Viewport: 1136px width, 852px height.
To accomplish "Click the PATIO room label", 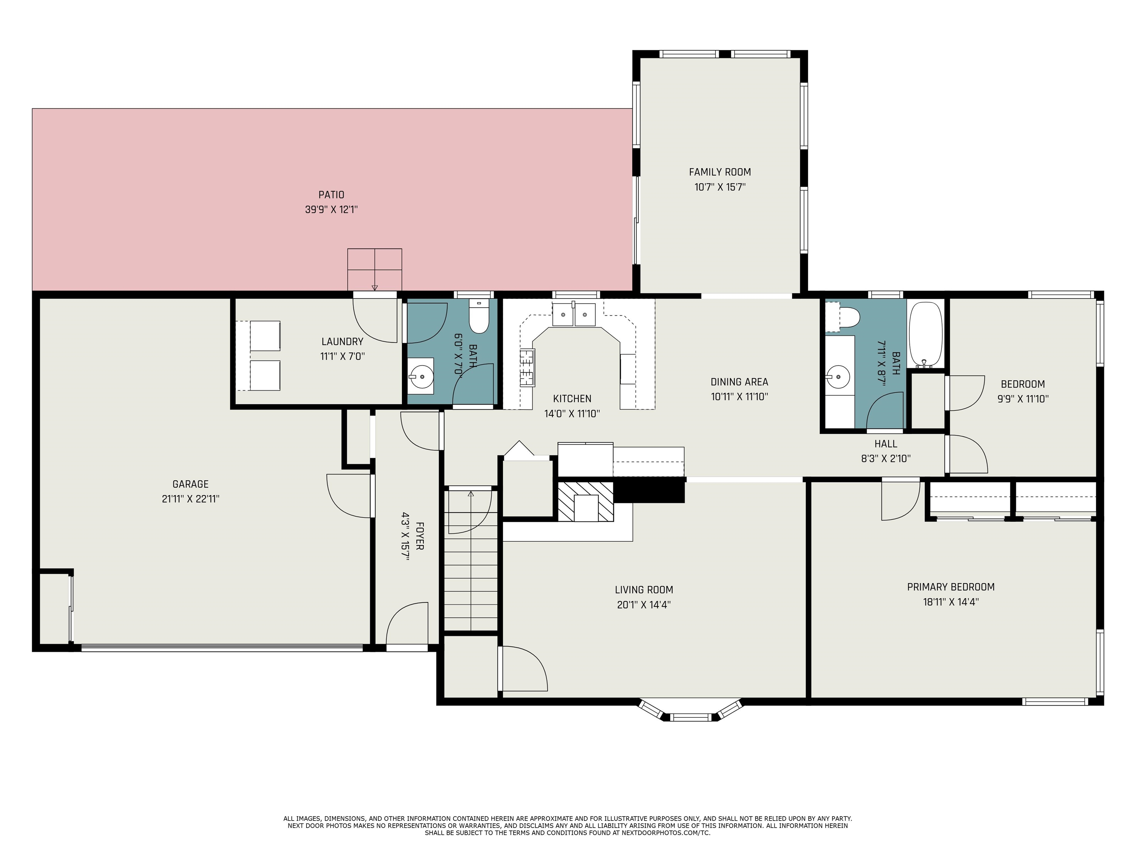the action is pyautogui.click(x=331, y=195).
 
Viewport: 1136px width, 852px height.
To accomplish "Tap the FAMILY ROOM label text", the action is pyautogui.click(x=720, y=172).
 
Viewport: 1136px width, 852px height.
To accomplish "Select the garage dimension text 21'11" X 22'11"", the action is pyautogui.click(x=190, y=499).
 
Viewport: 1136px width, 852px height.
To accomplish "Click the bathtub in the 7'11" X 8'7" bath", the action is pyautogui.click(x=926, y=334).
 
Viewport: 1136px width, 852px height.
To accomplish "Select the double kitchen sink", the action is pyautogui.click(x=574, y=314).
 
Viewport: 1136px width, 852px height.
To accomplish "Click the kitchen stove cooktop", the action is pyautogui.click(x=527, y=367).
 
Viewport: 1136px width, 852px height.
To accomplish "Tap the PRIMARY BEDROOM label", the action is pyautogui.click(x=951, y=587).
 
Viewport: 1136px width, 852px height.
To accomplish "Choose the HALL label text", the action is pyautogui.click(x=886, y=444).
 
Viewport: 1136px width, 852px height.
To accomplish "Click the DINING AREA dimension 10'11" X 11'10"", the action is pyautogui.click(x=740, y=396).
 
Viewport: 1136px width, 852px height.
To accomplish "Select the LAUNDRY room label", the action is pyautogui.click(x=342, y=342).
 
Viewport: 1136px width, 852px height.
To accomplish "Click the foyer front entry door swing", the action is pyautogui.click(x=407, y=623).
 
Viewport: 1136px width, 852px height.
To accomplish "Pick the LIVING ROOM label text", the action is pyautogui.click(x=644, y=590).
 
